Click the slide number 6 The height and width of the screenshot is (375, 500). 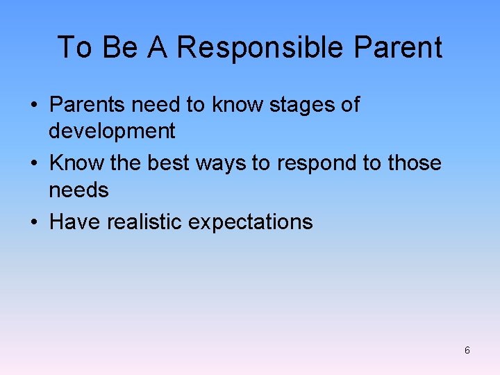point(467,351)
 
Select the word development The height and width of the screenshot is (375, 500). point(112,131)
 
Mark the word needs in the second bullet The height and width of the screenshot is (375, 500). point(78,190)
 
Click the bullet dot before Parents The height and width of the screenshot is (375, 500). point(34,106)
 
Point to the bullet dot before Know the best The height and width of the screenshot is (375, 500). point(34,164)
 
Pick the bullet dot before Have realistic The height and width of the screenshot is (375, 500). point(34,223)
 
